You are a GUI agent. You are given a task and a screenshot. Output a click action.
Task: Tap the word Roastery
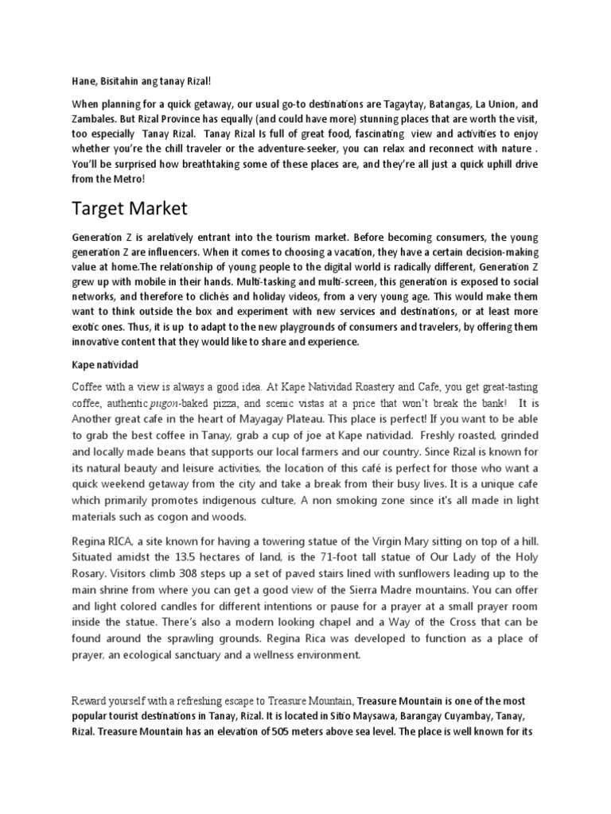tap(361, 387)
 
